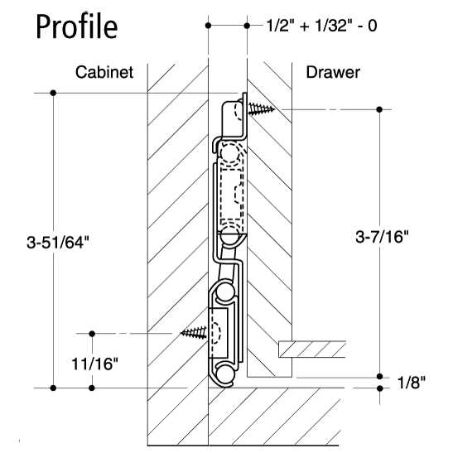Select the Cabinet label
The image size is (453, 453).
pos(105,73)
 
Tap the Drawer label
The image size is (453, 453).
pos(333,73)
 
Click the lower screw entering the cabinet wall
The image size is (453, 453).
pos(194,333)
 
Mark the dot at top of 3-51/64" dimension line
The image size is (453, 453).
pos(54,93)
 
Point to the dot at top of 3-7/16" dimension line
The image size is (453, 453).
pos(379,109)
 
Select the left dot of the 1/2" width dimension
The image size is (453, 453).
pos(207,26)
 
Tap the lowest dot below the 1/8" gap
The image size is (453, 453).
pos(379,388)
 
